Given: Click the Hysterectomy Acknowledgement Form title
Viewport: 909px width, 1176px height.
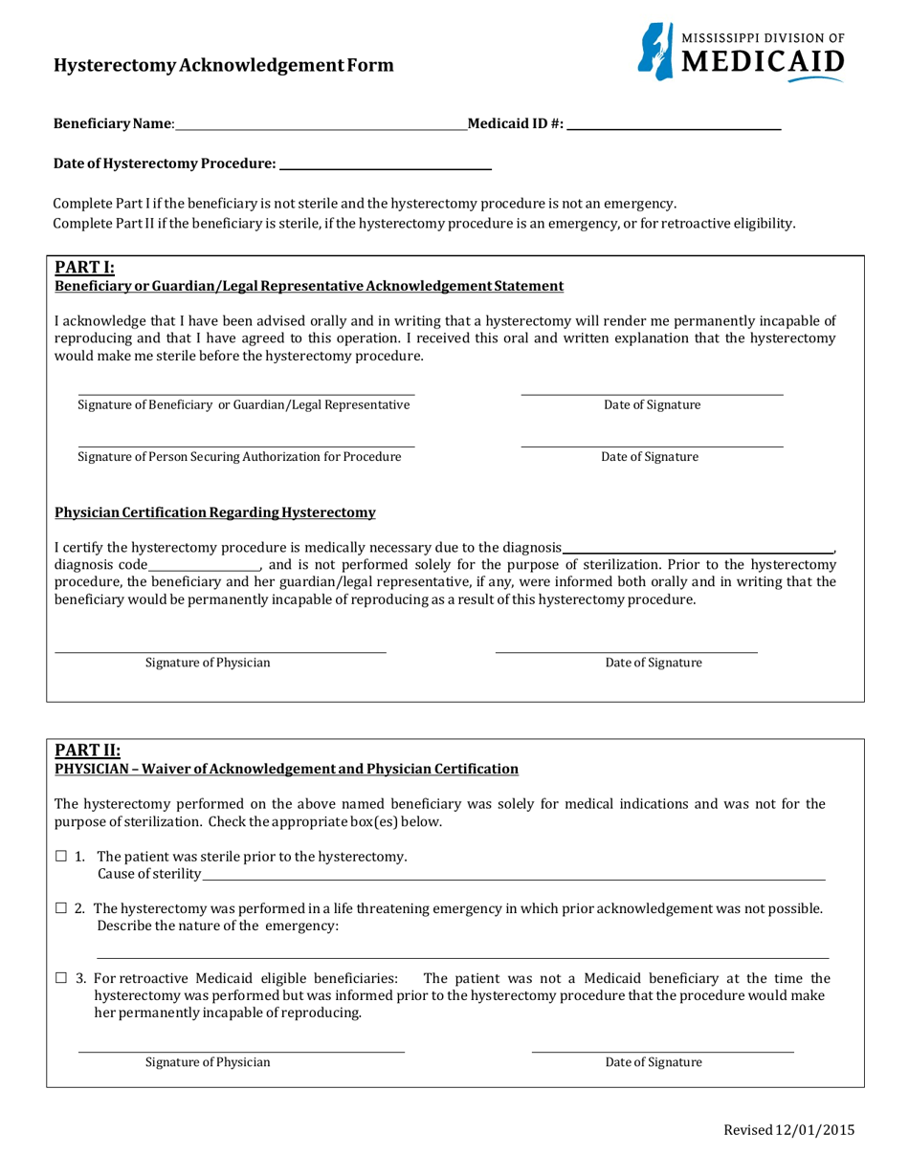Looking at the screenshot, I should (x=223, y=65).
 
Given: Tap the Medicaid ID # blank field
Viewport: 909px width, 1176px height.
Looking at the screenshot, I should (x=674, y=123).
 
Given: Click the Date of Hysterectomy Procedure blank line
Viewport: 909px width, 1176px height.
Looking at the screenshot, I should (x=384, y=163).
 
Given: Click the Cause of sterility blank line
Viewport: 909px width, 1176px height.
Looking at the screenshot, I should (x=514, y=874).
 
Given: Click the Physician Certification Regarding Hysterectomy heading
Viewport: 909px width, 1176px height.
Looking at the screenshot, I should (x=215, y=513).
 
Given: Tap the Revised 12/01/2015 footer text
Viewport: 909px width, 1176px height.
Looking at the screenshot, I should (x=788, y=1130).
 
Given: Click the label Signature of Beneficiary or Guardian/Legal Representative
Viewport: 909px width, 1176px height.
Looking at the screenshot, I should (x=243, y=404).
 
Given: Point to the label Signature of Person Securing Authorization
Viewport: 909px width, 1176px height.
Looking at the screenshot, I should (x=239, y=456).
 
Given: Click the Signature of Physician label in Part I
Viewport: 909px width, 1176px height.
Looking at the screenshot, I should (x=208, y=663).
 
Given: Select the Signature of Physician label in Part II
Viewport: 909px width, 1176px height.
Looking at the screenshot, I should (x=208, y=1062).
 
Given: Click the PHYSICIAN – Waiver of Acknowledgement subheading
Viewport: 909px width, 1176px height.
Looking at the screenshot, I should (x=286, y=769).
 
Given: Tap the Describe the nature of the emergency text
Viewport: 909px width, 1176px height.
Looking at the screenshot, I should (x=218, y=926).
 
